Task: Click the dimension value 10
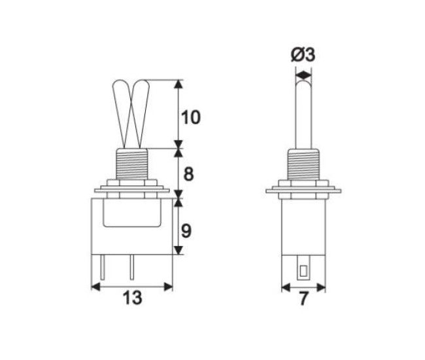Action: (190, 118)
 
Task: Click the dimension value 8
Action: (189, 175)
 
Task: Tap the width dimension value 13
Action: (131, 298)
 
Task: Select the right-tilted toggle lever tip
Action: (143, 88)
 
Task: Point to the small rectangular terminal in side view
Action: (303, 270)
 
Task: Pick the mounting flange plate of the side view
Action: (304, 192)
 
